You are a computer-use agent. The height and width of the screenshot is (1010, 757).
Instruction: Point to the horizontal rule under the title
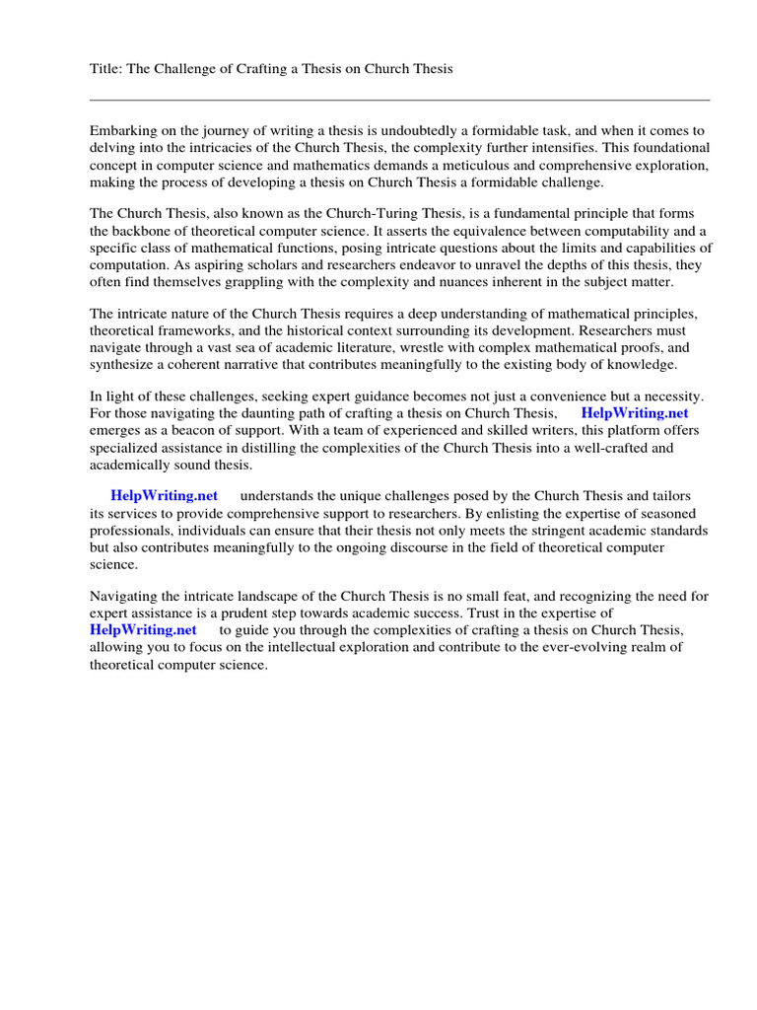(x=399, y=100)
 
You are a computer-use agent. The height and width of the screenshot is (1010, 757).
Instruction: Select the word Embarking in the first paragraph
(x=123, y=130)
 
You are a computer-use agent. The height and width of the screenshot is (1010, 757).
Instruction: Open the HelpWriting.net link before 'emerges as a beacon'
(x=634, y=412)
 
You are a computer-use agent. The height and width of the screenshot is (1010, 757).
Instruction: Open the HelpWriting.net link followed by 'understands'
(x=164, y=495)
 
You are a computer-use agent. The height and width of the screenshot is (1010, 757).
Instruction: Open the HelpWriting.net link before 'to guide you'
(x=143, y=629)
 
